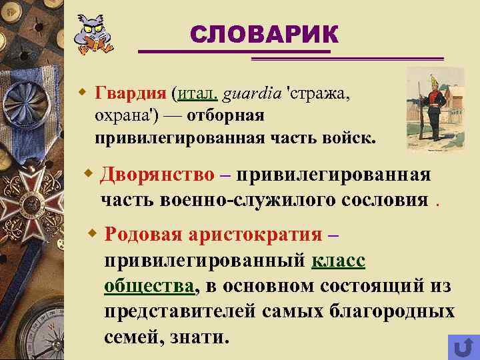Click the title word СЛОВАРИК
click(264, 35)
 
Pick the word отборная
click(226, 115)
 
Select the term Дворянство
click(157, 175)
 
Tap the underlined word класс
click(338, 260)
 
